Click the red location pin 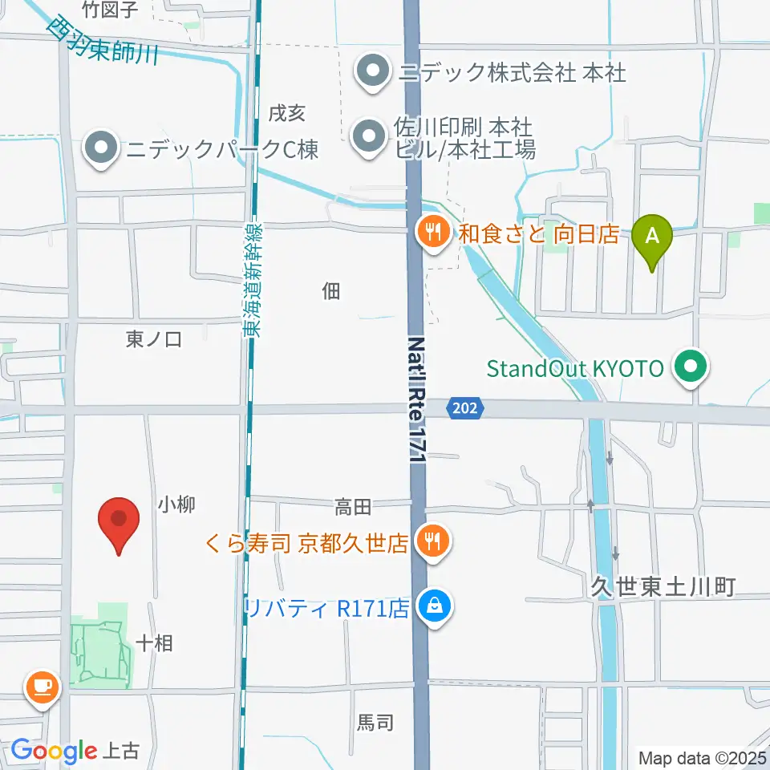(x=119, y=523)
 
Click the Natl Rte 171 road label (x=416, y=399)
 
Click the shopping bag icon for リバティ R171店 (x=434, y=606)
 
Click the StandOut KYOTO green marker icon (x=690, y=368)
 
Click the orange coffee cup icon (x=42, y=686)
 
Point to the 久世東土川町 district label (x=663, y=587)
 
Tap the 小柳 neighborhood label (x=176, y=505)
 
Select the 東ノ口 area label (x=154, y=339)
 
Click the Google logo (x=53, y=751)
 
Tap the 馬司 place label (x=375, y=722)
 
